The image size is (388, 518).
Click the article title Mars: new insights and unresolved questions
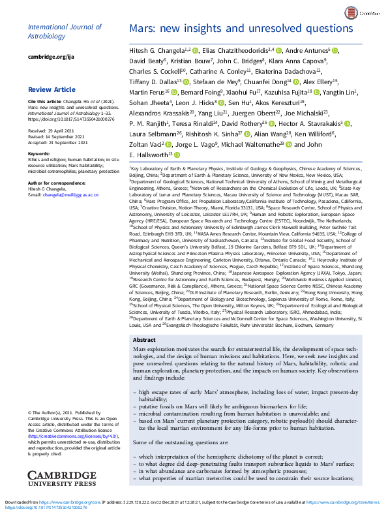click(241, 29)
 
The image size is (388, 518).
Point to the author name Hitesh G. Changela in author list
click(154, 50)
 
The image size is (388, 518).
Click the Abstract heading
click(144, 341)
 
